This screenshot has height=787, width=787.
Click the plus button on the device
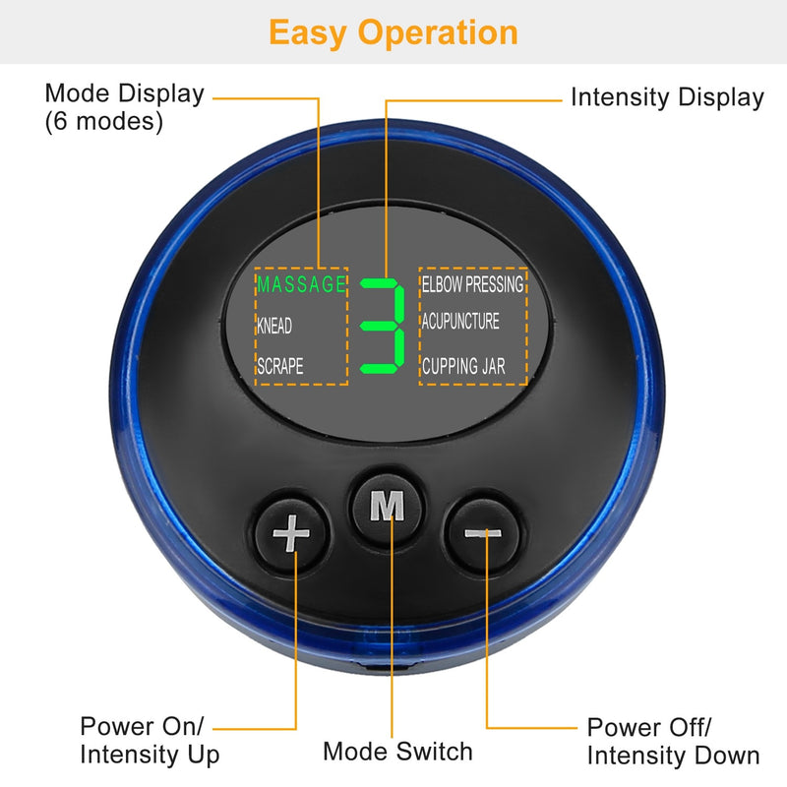[x=291, y=535]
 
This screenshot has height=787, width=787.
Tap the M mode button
[x=387, y=505]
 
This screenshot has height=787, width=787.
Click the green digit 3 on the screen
[x=384, y=326]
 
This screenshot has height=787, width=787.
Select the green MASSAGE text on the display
[x=302, y=285]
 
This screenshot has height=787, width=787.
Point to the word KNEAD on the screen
[x=274, y=327]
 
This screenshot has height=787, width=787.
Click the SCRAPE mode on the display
[x=280, y=366]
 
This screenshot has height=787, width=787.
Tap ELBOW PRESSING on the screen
[x=473, y=284]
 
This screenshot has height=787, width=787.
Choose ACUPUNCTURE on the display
[x=460, y=322]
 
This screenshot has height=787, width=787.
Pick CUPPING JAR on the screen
[x=463, y=366]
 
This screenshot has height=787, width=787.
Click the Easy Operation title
[x=393, y=32]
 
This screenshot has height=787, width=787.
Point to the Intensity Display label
[x=667, y=97]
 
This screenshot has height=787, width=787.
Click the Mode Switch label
[x=397, y=752]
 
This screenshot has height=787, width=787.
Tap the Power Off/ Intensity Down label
[x=673, y=741]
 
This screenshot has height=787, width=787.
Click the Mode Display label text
[x=125, y=94]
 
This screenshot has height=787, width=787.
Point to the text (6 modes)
[x=104, y=122]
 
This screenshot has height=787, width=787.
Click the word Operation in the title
[x=439, y=32]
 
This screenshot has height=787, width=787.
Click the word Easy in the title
[x=309, y=32]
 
